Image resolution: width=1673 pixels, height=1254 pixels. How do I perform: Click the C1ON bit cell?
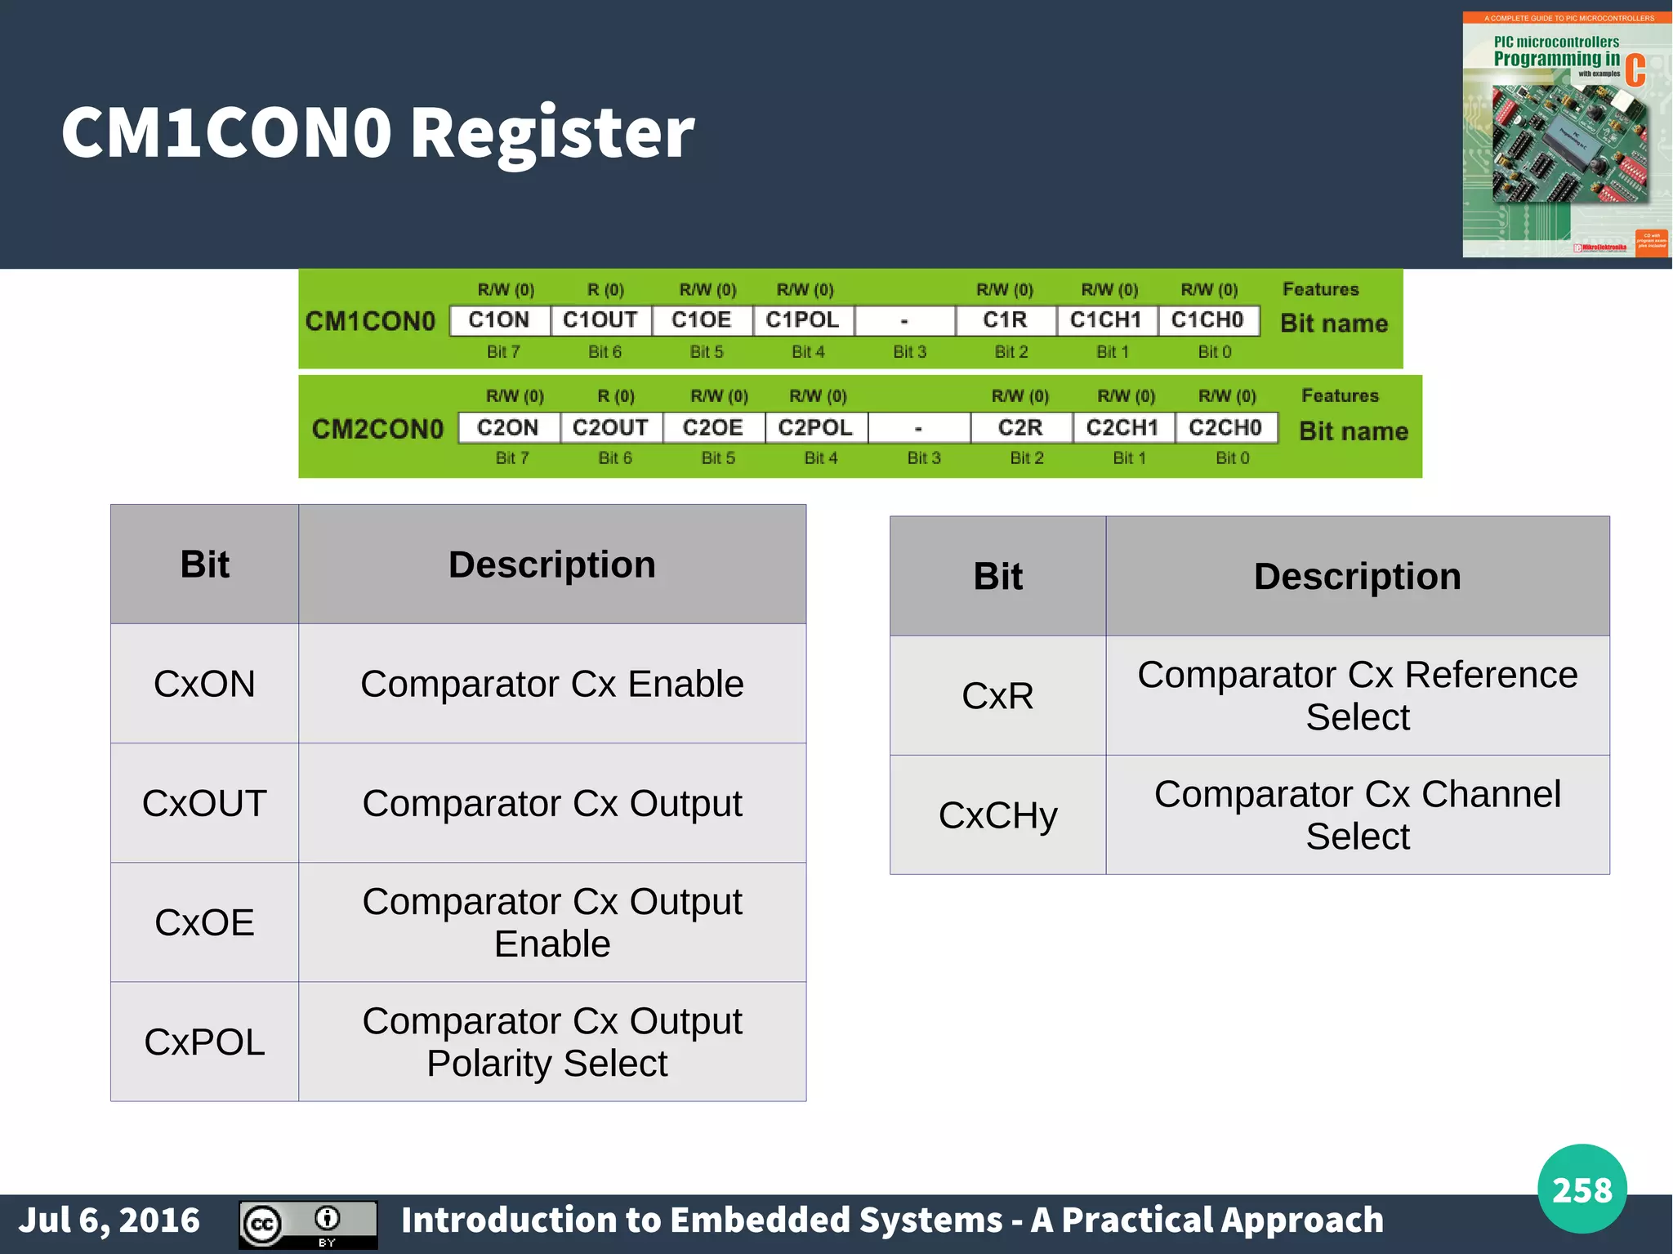pyautogui.click(x=499, y=320)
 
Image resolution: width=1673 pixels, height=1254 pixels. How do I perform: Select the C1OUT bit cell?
pyautogui.click(x=600, y=320)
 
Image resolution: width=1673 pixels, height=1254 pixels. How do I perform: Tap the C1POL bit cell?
pyautogui.click(x=803, y=320)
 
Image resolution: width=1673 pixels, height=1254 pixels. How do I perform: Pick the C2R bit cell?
pyautogui.click(x=1020, y=427)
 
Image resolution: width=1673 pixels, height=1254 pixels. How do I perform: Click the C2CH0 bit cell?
pyautogui.click(x=1225, y=427)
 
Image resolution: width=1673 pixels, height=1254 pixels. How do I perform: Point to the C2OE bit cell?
pyautogui.click(x=713, y=427)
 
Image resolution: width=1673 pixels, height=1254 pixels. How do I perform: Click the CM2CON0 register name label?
pyautogui.click(x=377, y=429)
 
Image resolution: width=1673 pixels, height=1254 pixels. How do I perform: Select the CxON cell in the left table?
pyautogui.click(x=204, y=684)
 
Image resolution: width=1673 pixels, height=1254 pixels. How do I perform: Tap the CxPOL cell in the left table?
pyautogui.click(x=204, y=1042)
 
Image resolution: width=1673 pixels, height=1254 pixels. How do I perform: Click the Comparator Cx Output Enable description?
pyautogui.click(x=552, y=922)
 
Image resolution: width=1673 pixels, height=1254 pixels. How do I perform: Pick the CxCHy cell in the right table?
pyautogui.click(x=997, y=815)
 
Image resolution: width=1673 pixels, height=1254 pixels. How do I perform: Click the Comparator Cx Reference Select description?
pyautogui.click(x=1358, y=695)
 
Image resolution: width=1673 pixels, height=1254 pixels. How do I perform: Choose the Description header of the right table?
pyautogui.click(x=1358, y=576)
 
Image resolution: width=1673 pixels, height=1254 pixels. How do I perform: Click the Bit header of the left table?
pyautogui.click(x=204, y=565)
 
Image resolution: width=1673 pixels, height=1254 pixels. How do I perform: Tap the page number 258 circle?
pyautogui.click(x=1582, y=1189)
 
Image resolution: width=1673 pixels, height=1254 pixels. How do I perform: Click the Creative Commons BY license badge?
pyautogui.click(x=308, y=1224)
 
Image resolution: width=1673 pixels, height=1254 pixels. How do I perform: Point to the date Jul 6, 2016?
pyautogui.click(x=109, y=1221)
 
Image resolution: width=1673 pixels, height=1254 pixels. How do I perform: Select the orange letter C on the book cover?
pyautogui.click(x=1635, y=71)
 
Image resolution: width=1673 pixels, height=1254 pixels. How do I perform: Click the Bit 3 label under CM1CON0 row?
pyautogui.click(x=909, y=352)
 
